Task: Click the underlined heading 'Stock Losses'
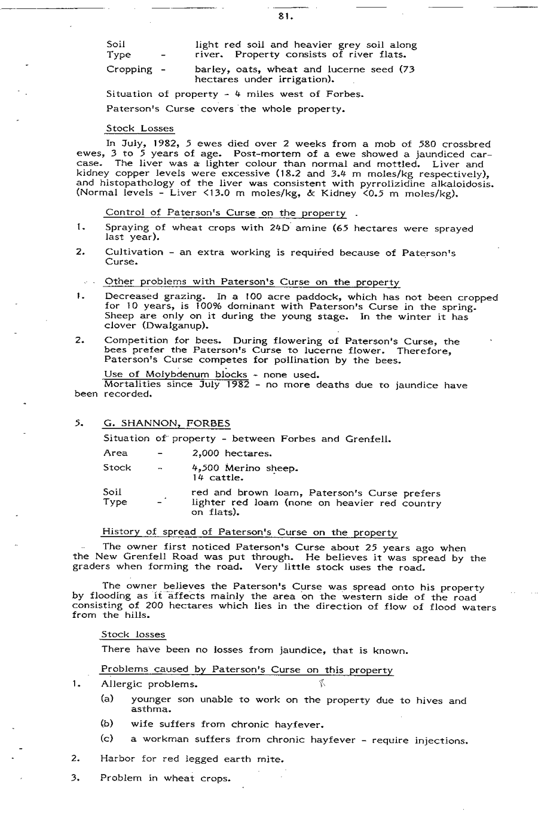pyautogui.click(x=140, y=129)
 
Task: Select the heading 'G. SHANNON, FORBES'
pyautogui.click(x=166, y=423)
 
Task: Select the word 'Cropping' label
pyautogui.click(x=129, y=69)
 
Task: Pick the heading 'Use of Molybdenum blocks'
pyautogui.click(x=175, y=375)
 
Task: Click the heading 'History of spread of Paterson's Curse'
pyautogui.click(x=249, y=532)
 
